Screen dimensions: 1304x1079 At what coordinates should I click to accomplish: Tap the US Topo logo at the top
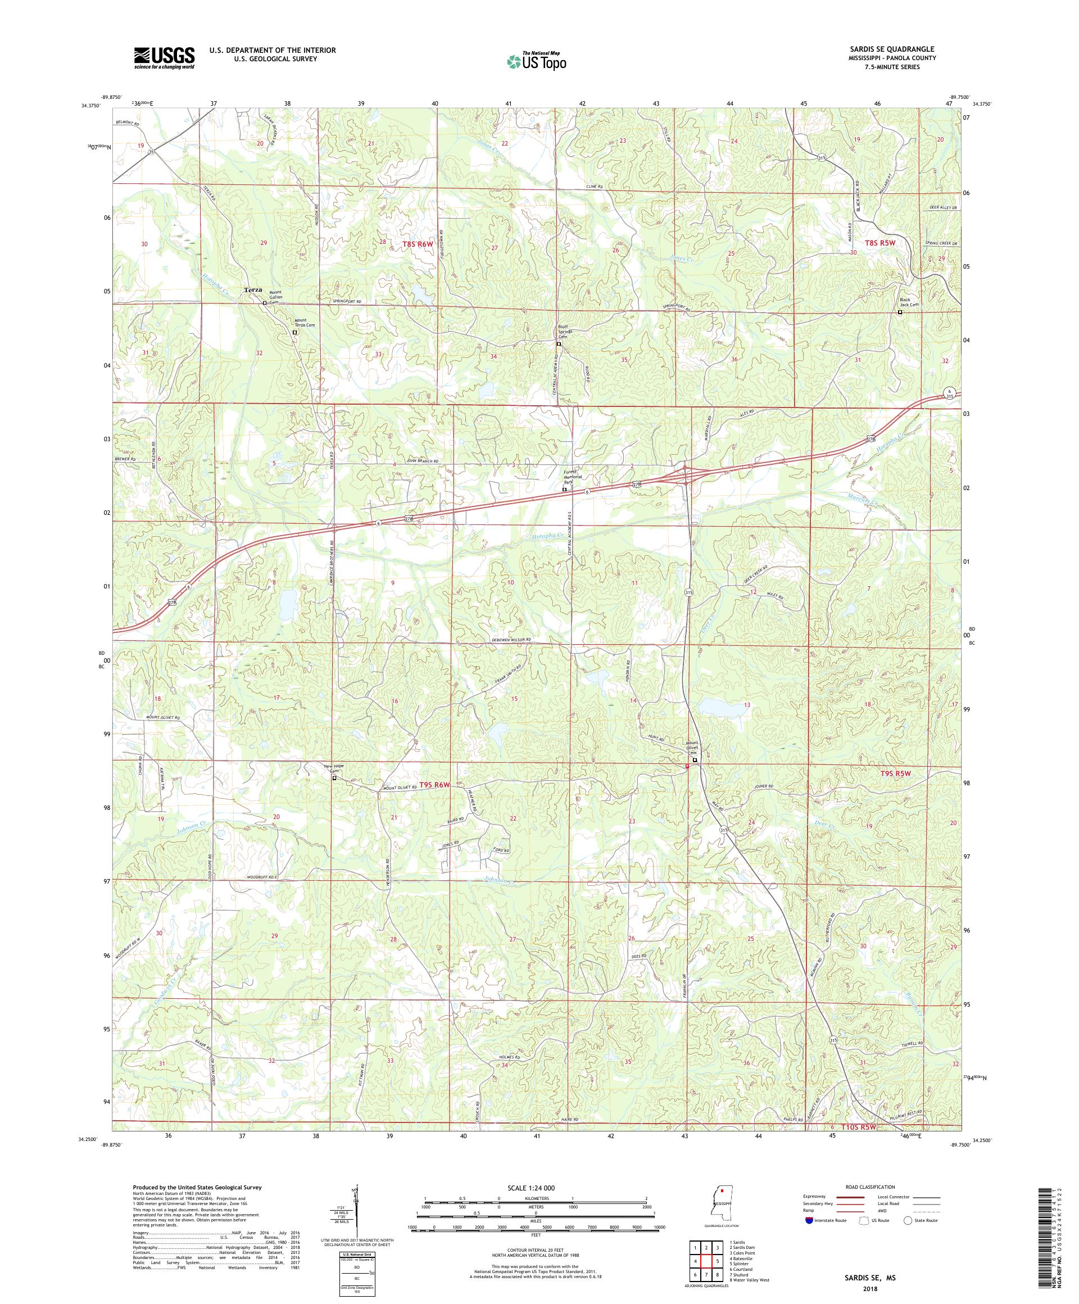(x=537, y=61)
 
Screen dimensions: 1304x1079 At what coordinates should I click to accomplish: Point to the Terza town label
(x=253, y=290)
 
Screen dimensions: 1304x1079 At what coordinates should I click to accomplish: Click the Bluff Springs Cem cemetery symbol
(x=558, y=344)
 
